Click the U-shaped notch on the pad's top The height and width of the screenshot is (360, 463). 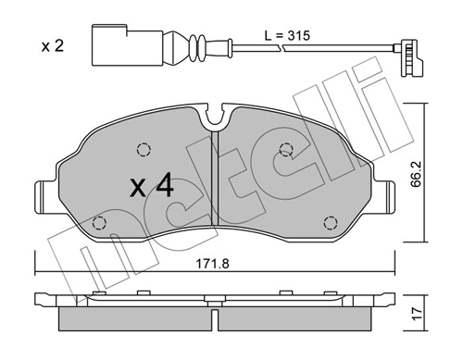tap(216, 118)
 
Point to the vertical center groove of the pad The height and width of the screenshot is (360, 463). tap(214, 185)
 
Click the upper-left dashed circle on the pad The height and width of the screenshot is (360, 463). tap(143, 149)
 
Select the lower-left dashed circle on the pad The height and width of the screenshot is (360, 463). tap(101, 221)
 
